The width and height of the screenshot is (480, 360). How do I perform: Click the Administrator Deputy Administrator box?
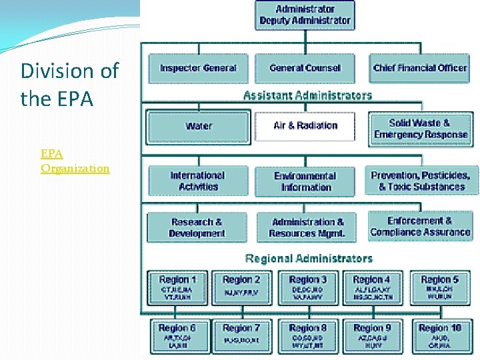[x=305, y=15]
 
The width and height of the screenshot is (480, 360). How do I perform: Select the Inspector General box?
[x=198, y=68]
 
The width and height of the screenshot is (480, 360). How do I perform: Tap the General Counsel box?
[x=305, y=68]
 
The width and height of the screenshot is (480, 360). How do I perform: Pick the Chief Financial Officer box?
[x=420, y=68]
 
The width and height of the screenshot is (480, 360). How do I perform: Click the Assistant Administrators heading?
[x=307, y=95]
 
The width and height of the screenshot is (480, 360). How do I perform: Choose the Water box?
[x=198, y=125]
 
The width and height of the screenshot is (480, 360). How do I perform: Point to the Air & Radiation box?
[x=305, y=125]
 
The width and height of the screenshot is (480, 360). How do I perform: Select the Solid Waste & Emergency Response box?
[x=420, y=128]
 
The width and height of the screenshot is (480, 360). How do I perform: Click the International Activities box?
[x=197, y=181]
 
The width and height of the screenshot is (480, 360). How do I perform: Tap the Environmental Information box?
[x=306, y=181]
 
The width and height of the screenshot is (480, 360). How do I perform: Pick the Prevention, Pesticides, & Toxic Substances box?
[x=421, y=181]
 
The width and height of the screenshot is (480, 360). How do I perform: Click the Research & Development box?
[x=197, y=227]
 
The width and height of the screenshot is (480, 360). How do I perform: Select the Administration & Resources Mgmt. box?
[x=307, y=227]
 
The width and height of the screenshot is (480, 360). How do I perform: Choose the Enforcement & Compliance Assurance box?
[x=420, y=227]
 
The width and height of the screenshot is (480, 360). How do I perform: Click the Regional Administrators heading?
[x=309, y=258]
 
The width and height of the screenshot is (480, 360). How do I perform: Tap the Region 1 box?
[x=177, y=287]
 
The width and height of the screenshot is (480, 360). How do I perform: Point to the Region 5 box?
[x=439, y=287]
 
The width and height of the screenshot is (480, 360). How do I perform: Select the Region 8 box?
[x=308, y=335]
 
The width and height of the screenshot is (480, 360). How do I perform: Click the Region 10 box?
[x=439, y=335]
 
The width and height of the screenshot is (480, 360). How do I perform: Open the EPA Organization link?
[x=75, y=161]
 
